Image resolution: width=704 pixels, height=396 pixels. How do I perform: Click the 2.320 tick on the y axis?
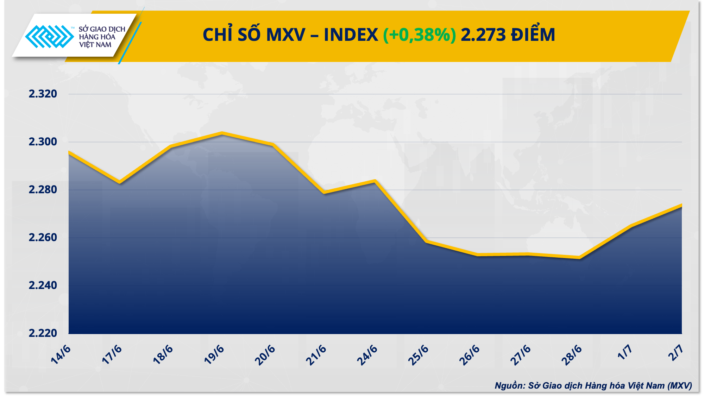click(x=43, y=94)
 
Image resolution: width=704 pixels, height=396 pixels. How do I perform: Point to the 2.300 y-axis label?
click(x=43, y=142)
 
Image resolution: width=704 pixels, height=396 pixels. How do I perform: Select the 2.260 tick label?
click(x=43, y=238)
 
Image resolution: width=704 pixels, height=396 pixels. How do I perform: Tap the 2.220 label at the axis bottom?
click(x=43, y=333)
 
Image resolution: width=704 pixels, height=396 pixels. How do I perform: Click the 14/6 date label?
click(x=61, y=354)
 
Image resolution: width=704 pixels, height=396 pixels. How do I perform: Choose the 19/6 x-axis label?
click(x=214, y=354)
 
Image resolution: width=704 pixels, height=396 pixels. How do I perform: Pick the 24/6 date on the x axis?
click(x=367, y=354)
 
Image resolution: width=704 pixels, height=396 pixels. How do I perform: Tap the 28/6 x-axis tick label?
click(x=572, y=354)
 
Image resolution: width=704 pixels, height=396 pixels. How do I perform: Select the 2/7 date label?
click(x=675, y=353)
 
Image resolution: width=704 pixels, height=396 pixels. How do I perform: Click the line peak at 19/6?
click(x=222, y=133)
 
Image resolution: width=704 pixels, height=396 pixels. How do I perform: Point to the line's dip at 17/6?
click(x=120, y=182)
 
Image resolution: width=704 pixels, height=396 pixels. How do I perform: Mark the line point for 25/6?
click(x=426, y=241)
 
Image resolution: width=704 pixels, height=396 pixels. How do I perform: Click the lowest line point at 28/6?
click(x=579, y=258)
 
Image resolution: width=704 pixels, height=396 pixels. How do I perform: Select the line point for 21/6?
click(x=324, y=192)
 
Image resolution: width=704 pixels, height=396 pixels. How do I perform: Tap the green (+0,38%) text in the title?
click(x=419, y=35)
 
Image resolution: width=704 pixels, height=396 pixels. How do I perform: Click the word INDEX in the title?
click(x=351, y=35)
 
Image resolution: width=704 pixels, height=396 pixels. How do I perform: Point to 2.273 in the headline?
click(x=483, y=35)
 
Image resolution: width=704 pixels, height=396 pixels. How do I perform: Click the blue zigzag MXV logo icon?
click(x=49, y=36)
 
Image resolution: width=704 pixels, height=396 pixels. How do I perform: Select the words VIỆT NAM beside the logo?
click(x=95, y=45)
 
